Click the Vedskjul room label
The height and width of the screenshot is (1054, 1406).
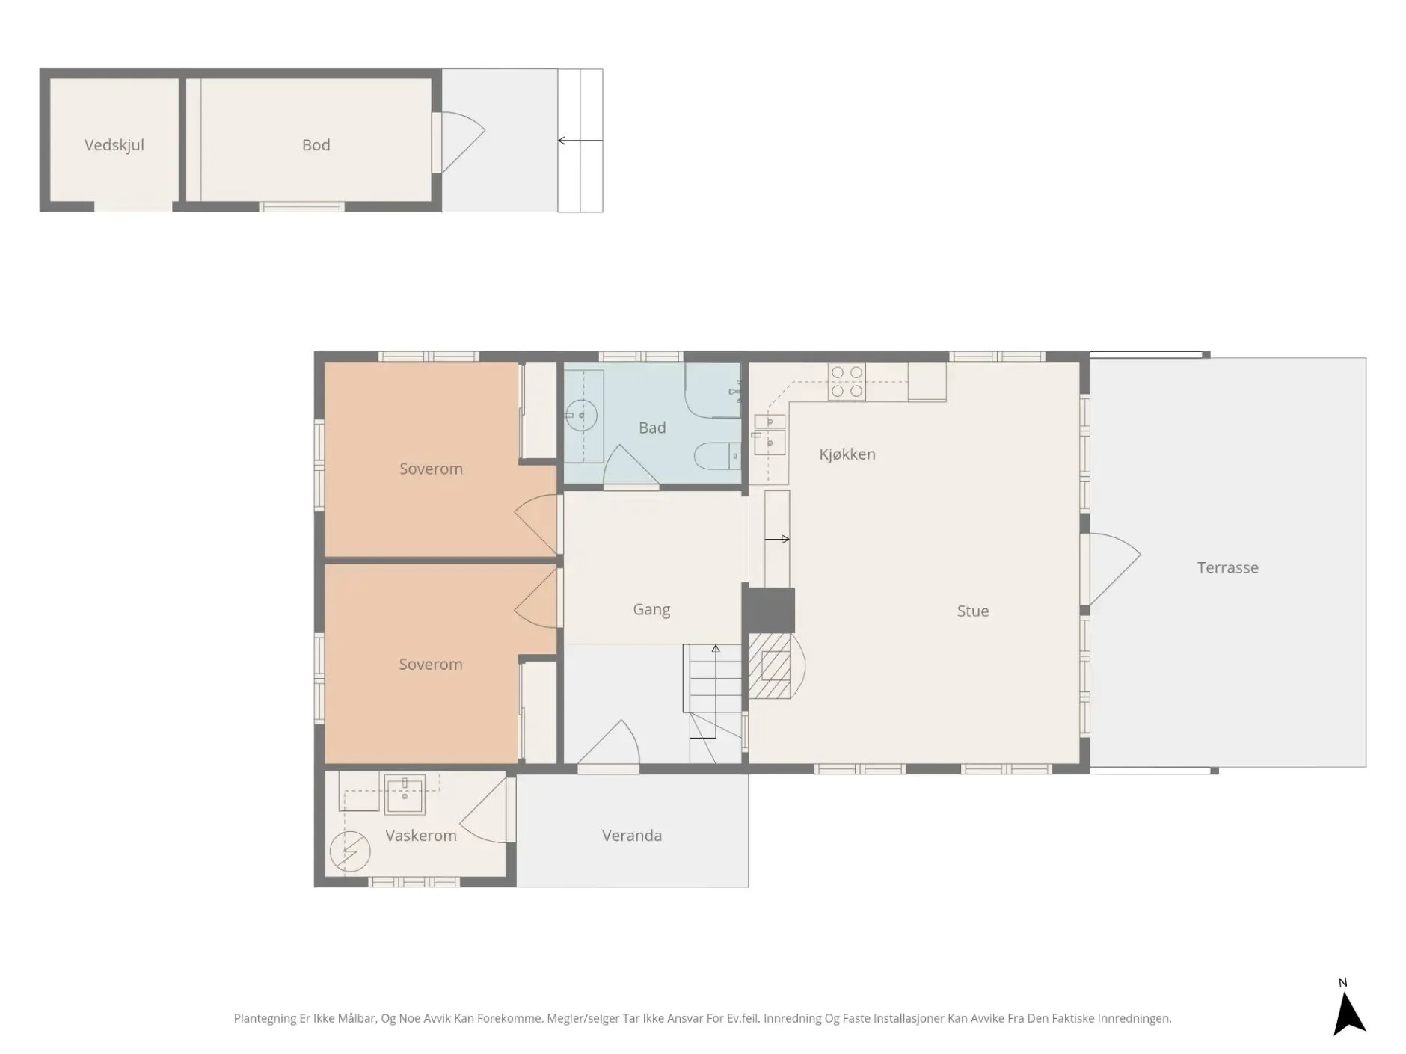click(x=114, y=145)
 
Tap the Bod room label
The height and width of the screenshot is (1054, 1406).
click(x=316, y=145)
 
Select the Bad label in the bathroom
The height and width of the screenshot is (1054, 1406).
click(x=652, y=428)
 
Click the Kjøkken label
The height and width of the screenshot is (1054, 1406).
click(x=847, y=454)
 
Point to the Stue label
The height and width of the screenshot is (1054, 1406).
click(x=973, y=611)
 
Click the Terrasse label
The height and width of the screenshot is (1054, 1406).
click(x=1227, y=567)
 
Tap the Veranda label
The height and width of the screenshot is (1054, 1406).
click(x=632, y=836)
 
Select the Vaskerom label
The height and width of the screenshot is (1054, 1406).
click(x=421, y=836)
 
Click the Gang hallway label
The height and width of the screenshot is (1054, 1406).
click(x=651, y=610)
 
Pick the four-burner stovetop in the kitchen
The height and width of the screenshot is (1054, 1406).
click(x=847, y=381)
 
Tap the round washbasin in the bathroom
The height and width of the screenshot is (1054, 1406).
click(x=580, y=416)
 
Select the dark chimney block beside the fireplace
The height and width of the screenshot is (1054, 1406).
click(x=768, y=610)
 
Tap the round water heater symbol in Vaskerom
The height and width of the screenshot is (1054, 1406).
click(x=350, y=851)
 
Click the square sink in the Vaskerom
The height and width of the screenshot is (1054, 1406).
click(x=405, y=794)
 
